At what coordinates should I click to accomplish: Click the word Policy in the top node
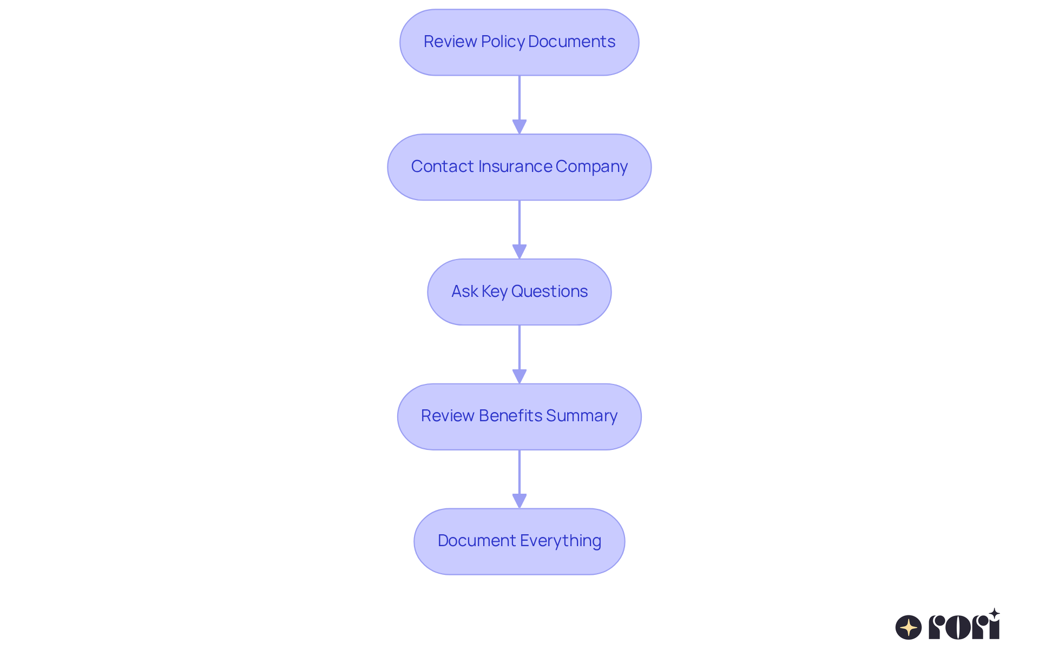click(x=502, y=42)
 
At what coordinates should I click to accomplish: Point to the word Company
click(x=591, y=167)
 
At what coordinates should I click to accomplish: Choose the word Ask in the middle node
click(x=464, y=291)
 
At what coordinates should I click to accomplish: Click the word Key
click(x=495, y=292)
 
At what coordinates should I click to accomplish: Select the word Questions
click(x=549, y=291)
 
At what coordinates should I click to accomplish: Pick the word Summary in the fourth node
click(x=582, y=416)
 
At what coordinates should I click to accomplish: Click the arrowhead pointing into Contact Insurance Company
click(x=519, y=127)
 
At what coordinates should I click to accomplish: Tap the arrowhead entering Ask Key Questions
click(x=519, y=251)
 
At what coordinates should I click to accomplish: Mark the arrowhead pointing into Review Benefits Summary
click(x=519, y=376)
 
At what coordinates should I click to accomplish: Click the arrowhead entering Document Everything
click(x=519, y=501)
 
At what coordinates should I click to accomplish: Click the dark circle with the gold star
click(x=909, y=627)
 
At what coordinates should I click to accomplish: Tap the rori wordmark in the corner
click(x=964, y=627)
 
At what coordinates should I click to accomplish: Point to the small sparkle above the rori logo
click(x=994, y=613)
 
